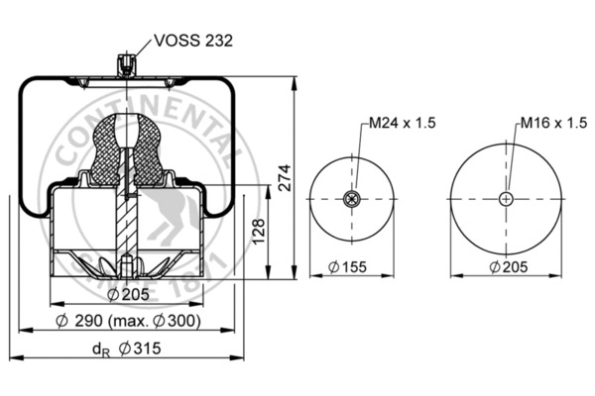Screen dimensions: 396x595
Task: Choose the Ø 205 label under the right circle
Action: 509,266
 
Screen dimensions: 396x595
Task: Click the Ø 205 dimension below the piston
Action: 126,294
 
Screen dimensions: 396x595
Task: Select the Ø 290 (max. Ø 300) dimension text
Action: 128,322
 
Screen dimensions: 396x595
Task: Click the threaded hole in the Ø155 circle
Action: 350,199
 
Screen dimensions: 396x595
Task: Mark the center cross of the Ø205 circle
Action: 508,199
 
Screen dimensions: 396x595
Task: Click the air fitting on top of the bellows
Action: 125,66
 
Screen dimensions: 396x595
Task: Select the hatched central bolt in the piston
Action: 126,218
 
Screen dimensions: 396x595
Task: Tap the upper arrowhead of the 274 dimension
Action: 296,80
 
